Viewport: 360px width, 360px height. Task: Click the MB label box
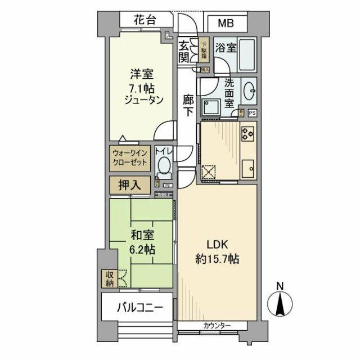coord(224,24)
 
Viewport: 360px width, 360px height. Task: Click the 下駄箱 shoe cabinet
coord(204,51)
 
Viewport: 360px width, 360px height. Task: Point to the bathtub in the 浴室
coord(247,53)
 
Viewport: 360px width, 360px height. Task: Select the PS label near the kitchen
coord(251,112)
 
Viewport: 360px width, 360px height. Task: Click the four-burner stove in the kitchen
coord(248,134)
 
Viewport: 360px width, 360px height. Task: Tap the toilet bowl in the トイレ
coord(164,167)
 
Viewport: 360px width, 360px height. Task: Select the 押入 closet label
coord(129,184)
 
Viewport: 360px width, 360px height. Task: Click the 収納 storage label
coord(108,278)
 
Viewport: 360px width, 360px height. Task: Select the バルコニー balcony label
coord(140,308)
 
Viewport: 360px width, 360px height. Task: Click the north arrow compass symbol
coord(280,303)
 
